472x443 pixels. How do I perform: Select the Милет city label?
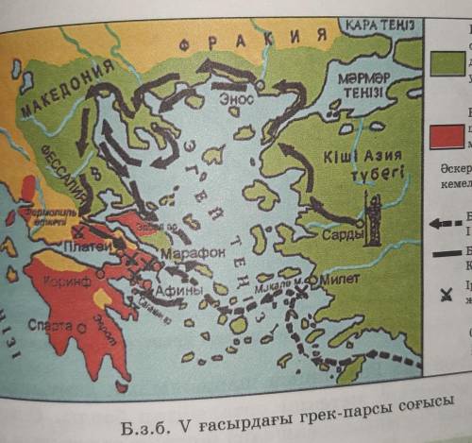(x=335, y=279)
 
